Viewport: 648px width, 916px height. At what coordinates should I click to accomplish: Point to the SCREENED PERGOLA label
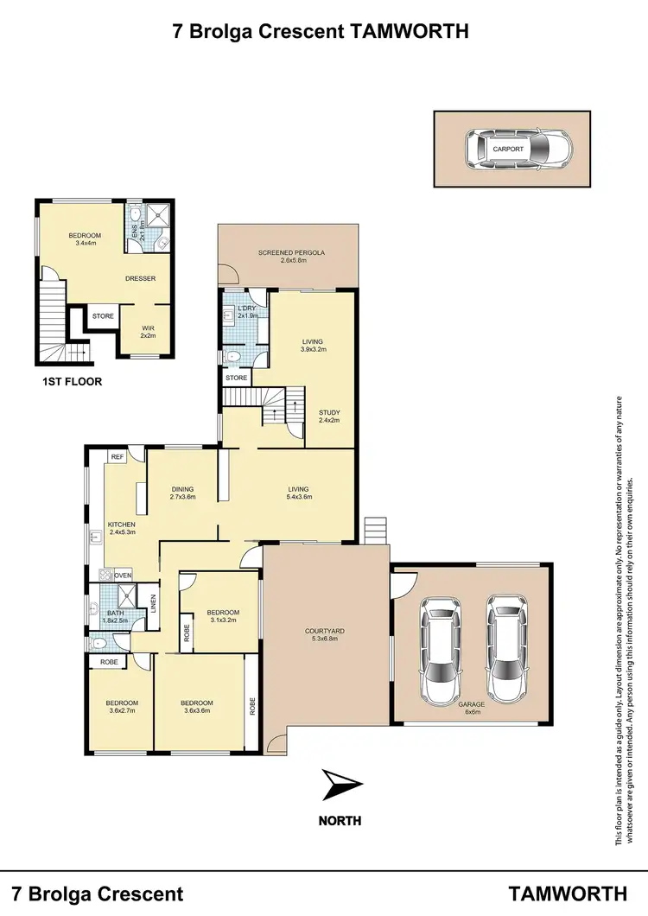point(291,253)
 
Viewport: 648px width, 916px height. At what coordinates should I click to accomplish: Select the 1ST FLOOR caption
point(73,380)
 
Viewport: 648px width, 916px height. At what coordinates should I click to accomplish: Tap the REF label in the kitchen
point(115,456)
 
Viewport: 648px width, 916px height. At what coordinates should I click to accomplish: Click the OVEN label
point(123,576)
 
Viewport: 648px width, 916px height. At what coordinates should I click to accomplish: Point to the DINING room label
point(182,489)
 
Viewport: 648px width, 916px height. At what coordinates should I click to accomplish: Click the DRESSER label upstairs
point(140,278)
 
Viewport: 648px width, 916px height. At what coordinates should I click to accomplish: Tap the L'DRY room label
point(236,309)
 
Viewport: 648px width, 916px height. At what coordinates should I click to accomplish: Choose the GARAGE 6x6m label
point(471,709)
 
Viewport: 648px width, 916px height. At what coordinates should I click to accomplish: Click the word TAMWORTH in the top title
point(410,33)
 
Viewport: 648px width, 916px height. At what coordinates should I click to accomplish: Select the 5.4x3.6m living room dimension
point(299,498)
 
